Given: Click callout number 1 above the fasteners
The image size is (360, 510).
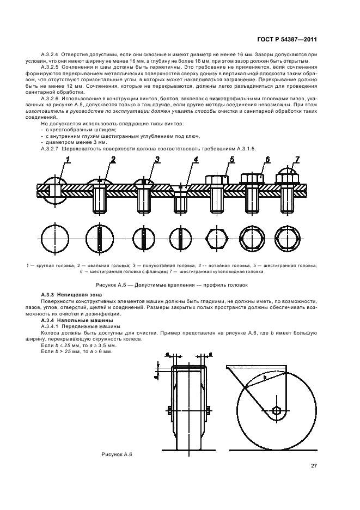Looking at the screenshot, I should click(x=69, y=159).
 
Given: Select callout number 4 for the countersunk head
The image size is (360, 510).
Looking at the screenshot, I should click(x=196, y=159).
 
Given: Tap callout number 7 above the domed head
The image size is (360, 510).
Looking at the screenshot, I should click(x=297, y=159).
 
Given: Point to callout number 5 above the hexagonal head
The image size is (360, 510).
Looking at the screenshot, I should click(x=231, y=159).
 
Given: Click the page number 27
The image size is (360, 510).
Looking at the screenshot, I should click(x=314, y=465).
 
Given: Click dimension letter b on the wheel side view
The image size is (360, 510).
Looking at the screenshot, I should click(x=265, y=377).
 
